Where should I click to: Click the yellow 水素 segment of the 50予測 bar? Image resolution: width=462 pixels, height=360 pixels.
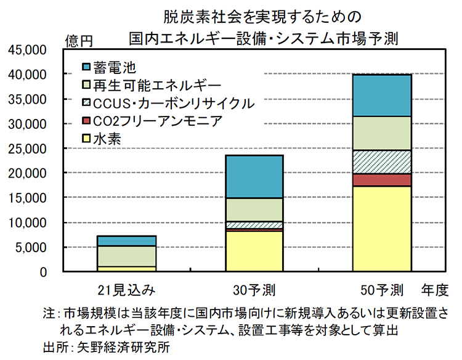[381, 228]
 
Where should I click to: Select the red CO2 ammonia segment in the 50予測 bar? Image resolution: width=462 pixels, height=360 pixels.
[381, 179]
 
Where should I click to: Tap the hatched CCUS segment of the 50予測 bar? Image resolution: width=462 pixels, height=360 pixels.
[381, 162]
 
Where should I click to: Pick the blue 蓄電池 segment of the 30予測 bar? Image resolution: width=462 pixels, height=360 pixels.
[254, 176]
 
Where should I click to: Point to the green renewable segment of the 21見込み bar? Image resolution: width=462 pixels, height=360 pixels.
[126, 256]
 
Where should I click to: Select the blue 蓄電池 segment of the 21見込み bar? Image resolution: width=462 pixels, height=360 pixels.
[126, 240]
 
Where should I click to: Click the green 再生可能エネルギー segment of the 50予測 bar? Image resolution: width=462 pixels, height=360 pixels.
[381, 133]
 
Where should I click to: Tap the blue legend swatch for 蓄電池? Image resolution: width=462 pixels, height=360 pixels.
[86, 65]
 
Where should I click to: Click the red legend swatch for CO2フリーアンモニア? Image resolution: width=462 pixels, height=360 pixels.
[86, 121]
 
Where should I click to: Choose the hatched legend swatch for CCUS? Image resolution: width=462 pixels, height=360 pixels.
[86, 102]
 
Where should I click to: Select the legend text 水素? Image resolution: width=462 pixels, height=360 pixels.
[107, 139]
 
